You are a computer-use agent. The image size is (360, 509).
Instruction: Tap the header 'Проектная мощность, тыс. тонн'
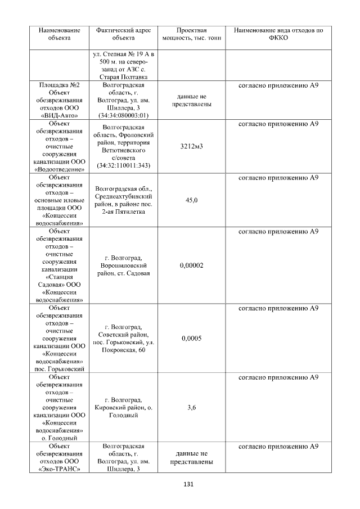coord(191,34)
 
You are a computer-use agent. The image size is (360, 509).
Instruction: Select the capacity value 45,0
coord(191,200)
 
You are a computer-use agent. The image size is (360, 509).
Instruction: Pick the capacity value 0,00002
coord(191,265)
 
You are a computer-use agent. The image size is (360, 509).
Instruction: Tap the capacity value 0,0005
coord(191,339)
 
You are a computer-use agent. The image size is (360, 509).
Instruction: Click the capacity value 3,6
coord(191,408)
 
